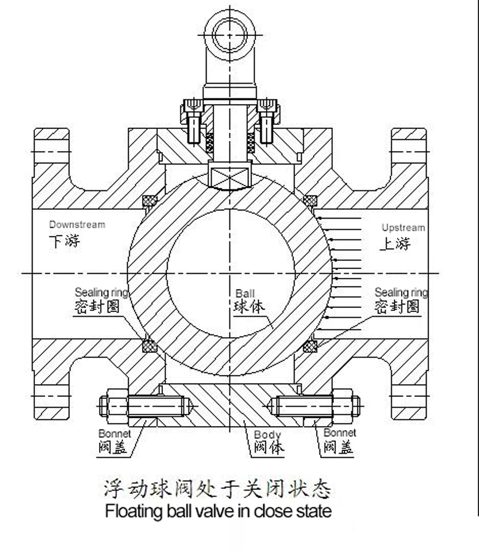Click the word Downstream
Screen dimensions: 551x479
tap(77, 224)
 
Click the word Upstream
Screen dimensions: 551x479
tap(403, 227)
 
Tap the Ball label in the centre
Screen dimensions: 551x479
tap(245, 294)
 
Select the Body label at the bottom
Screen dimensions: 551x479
tap(267, 435)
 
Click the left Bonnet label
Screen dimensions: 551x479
tap(115, 434)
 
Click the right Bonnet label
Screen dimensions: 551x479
tap(339, 433)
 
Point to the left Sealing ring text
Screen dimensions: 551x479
tap(101, 292)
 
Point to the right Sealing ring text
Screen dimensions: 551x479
tap(401, 292)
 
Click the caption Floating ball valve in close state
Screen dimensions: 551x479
tap(218, 512)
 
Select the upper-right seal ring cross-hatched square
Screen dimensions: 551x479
tap(310, 201)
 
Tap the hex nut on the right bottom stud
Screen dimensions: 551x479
tap(351, 403)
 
